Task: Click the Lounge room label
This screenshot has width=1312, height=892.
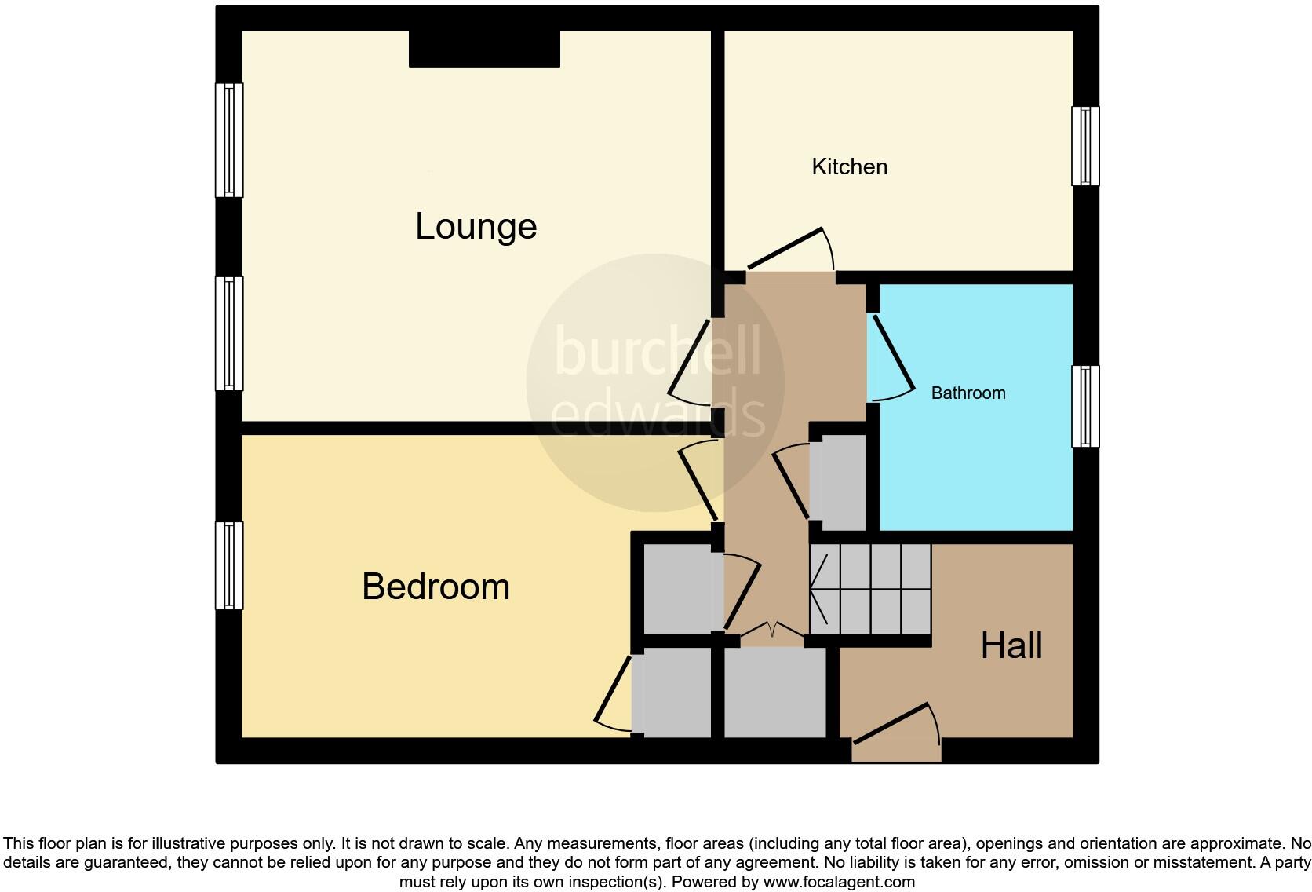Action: (x=476, y=226)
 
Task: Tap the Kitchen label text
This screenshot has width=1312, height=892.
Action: (x=849, y=166)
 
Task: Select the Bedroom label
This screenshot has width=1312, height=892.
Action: (x=436, y=587)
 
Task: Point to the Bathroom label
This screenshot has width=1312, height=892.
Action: (x=968, y=393)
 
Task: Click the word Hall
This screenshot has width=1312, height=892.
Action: (x=1011, y=645)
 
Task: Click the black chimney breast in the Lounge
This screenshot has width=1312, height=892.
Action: (x=484, y=49)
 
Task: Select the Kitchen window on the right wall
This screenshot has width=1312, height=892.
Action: (x=1085, y=146)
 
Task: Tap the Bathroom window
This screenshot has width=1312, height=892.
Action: (x=1085, y=407)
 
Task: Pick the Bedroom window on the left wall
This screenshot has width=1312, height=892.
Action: (x=229, y=565)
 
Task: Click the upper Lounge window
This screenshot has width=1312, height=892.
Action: (x=229, y=140)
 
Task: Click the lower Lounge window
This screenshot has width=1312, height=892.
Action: (x=229, y=333)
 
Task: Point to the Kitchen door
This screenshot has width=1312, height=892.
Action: (x=789, y=251)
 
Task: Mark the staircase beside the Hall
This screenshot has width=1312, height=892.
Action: (x=869, y=589)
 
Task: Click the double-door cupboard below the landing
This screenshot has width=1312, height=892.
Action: (x=774, y=691)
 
